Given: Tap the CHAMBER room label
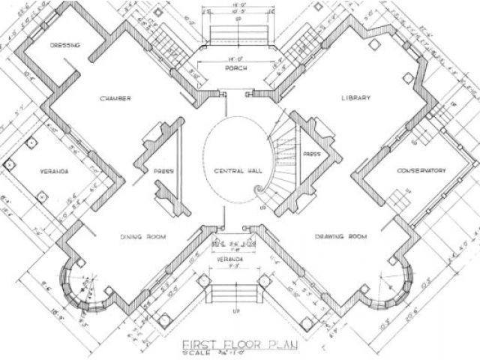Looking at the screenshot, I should pos(114,98).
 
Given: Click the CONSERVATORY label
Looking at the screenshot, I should pos(422,170).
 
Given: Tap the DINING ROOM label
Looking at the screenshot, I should pos(142,237).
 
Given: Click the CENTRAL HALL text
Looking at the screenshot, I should pos(238,169).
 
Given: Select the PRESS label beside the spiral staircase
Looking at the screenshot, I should pos(312,154).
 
